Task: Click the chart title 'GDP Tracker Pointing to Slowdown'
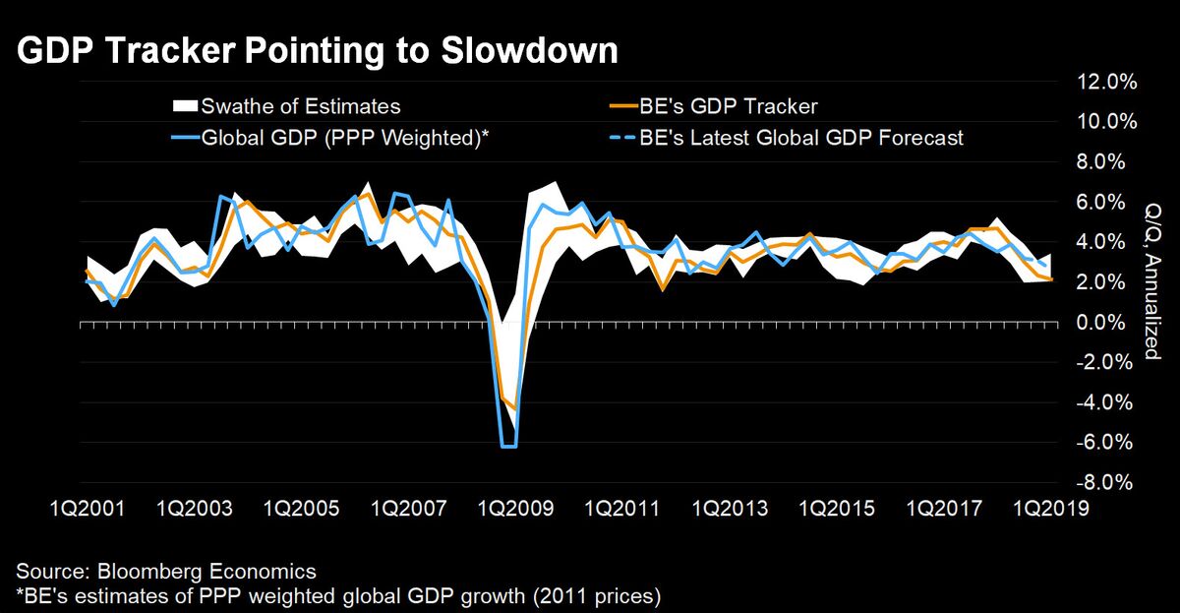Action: point(317,52)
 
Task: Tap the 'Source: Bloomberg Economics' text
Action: point(165,571)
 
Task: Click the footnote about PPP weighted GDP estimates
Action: point(337,595)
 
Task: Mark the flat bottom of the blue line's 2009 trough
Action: point(508,447)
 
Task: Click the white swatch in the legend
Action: point(184,105)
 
